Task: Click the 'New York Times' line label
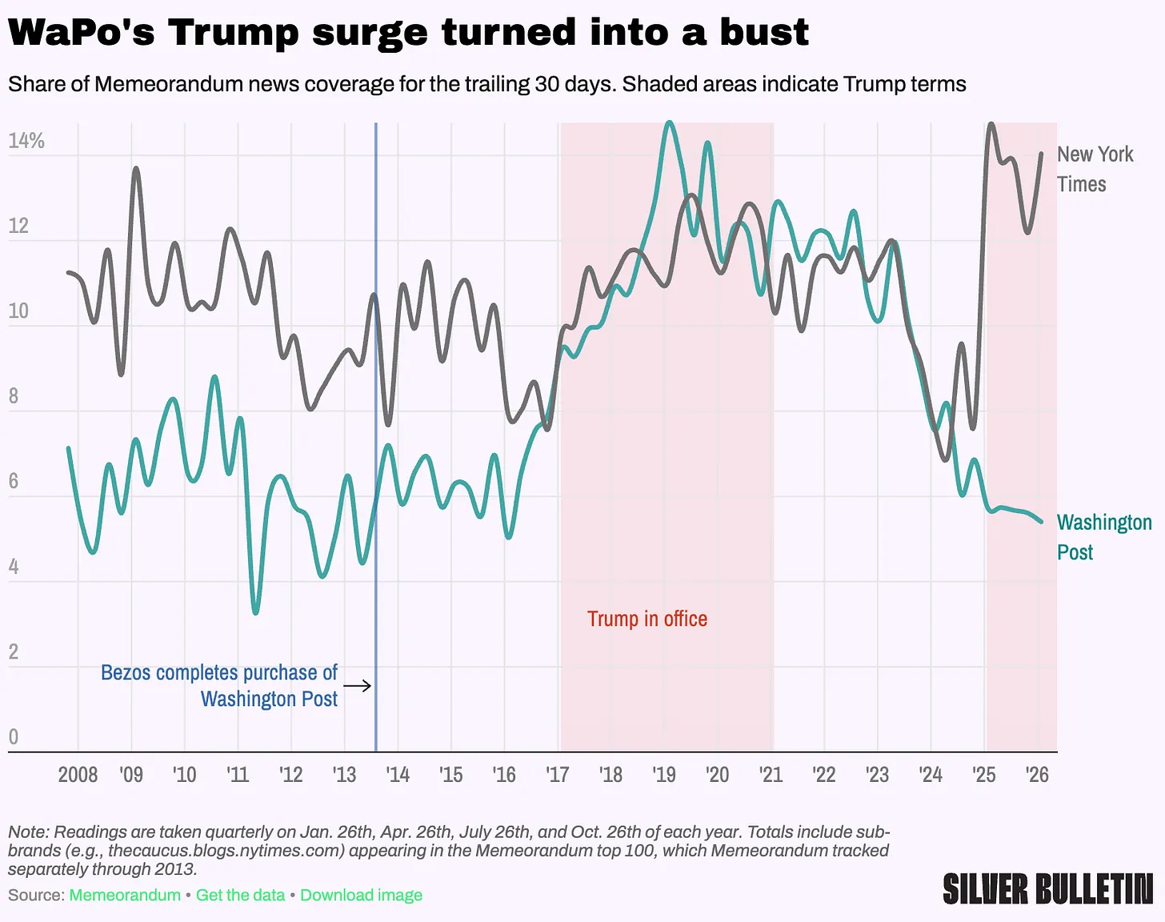[x=1095, y=169]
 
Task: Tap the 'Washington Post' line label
[x=1104, y=537]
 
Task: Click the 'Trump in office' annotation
[x=647, y=619]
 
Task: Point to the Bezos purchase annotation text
[x=219, y=685]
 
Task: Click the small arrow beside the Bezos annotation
[x=358, y=685]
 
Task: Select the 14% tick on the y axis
[x=26, y=141]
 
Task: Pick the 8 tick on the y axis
[x=14, y=396]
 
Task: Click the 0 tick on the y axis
[x=14, y=736]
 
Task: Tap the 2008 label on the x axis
[x=78, y=775]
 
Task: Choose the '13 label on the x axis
[x=344, y=775]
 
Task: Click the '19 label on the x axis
[x=663, y=775]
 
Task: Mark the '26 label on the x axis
[x=1037, y=775]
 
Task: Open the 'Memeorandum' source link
[x=125, y=895]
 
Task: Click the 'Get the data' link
[x=240, y=895]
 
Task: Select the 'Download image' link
[x=361, y=895]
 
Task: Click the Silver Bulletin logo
[x=1048, y=889]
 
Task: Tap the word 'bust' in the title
[x=764, y=32]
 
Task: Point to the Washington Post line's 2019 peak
[x=670, y=122]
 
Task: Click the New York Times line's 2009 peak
[x=136, y=168]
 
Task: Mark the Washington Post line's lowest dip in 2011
[x=255, y=613]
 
